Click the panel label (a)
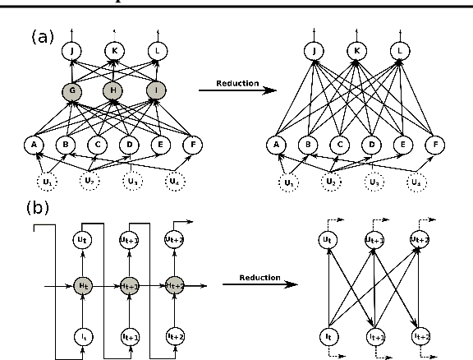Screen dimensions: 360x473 (42, 37)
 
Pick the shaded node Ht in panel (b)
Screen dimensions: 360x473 (81, 284)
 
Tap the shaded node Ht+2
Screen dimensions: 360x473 (174, 284)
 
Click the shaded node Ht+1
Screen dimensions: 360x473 (127, 284)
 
